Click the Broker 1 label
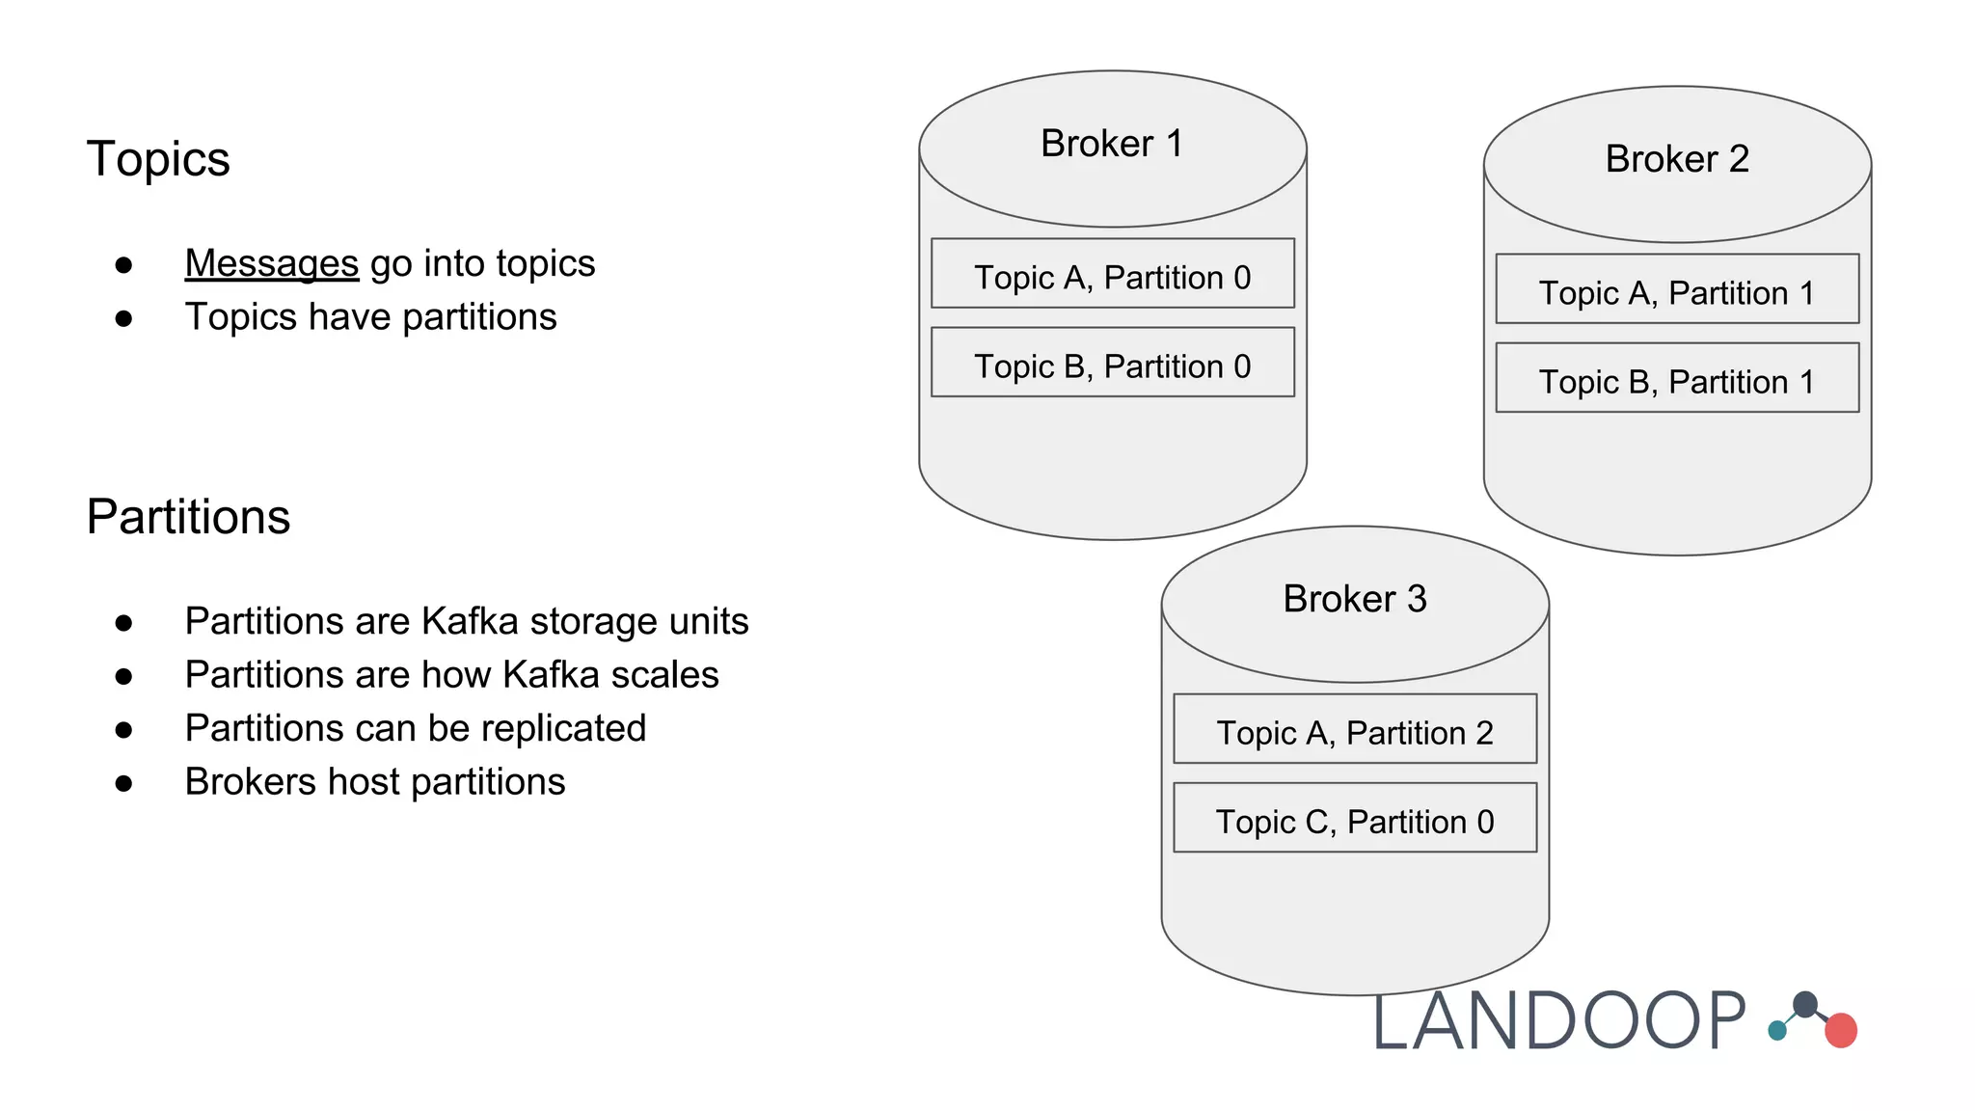tap(1111, 144)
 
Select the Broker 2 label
tap(1676, 159)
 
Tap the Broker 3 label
tap(1354, 599)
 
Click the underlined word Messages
tap(271, 263)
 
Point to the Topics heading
tap(158, 159)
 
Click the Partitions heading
tap(188, 517)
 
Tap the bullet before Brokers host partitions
tap(123, 783)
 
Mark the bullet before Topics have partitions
tap(123, 318)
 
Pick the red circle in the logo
tap(1840, 1030)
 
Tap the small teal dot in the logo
tap(1776, 1031)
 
